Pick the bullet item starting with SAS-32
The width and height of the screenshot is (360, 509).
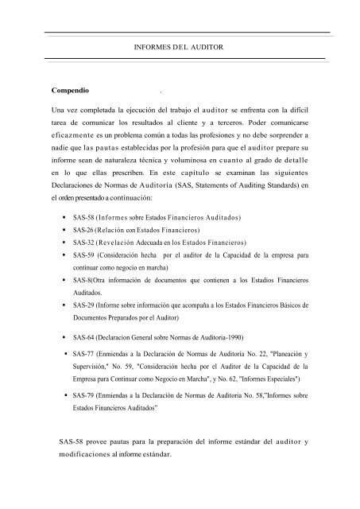(159, 242)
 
